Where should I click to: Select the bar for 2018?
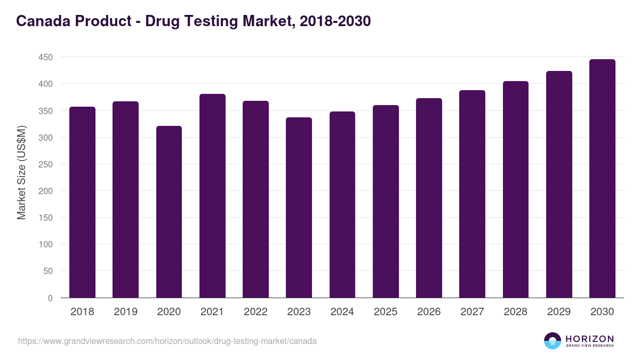click(82, 202)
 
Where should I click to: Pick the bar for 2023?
click(299, 207)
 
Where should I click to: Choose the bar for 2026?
click(429, 198)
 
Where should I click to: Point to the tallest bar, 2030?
click(602, 179)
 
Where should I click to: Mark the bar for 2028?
click(516, 189)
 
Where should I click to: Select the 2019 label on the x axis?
click(125, 312)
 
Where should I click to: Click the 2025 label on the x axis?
click(386, 312)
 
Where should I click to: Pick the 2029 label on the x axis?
click(559, 312)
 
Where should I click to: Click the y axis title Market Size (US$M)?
click(21, 172)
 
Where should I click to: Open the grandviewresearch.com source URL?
click(167, 341)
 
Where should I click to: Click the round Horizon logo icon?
click(553, 341)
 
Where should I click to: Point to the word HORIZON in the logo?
click(589, 339)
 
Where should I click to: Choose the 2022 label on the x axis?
click(255, 312)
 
